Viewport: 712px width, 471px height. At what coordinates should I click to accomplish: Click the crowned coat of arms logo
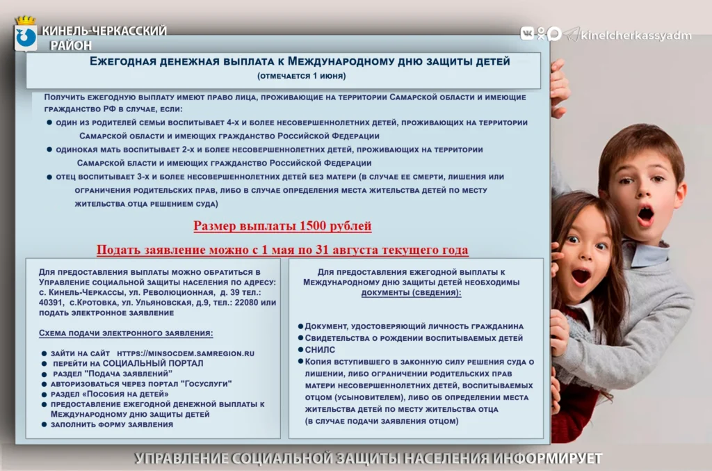click(x=26, y=33)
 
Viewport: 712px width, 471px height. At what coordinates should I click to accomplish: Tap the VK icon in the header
click(x=527, y=33)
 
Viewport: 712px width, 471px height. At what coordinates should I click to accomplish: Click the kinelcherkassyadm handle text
click(x=636, y=35)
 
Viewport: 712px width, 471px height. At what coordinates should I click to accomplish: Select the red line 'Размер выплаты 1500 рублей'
click(x=282, y=225)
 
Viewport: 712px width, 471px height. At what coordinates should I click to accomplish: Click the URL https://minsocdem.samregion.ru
click(x=185, y=353)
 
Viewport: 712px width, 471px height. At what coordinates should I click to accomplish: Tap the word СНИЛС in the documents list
click(x=320, y=350)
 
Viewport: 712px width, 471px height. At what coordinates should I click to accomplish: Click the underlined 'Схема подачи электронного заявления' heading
click(x=126, y=333)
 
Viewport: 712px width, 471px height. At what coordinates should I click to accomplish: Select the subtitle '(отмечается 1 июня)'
click(x=302, y=76)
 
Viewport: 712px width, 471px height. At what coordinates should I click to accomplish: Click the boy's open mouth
click(x=645, y=214)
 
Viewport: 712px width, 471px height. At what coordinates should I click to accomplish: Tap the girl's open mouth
click(x=581, y=276)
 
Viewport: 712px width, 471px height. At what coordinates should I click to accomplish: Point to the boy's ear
click(x=681, y=195)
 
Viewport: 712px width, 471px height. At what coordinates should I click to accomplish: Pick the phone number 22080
click(x=246, y=303)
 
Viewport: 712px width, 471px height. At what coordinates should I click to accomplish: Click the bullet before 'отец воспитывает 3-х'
click(x=49, y=177)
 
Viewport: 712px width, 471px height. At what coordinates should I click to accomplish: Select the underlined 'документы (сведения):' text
click(x=411, y=292)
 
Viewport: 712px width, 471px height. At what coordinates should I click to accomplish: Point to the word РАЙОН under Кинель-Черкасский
click(x=70, y=45)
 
